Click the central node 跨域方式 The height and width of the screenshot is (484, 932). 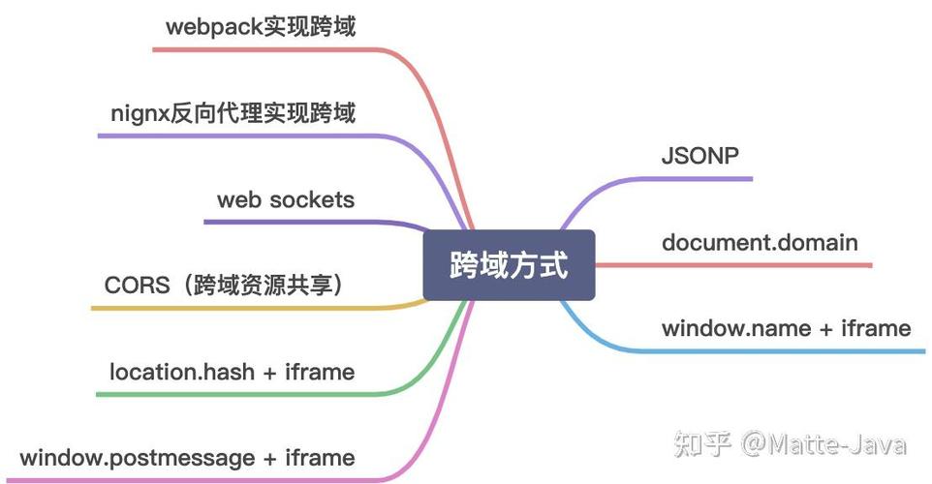(x=509, y=265)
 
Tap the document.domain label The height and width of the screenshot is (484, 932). (x=760, y=241)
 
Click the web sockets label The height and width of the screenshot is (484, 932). (x=286, y=200)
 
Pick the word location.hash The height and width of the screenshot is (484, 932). (x=180, y=372)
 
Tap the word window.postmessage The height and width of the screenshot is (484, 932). (x=134, y=457)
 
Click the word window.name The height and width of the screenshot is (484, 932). (x=736, y=328)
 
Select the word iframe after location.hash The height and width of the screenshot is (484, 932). (x=320, y=372)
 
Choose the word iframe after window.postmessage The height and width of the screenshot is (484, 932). (x=320, y=457)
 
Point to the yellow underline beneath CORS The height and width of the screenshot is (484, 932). (x=252, y=309)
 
